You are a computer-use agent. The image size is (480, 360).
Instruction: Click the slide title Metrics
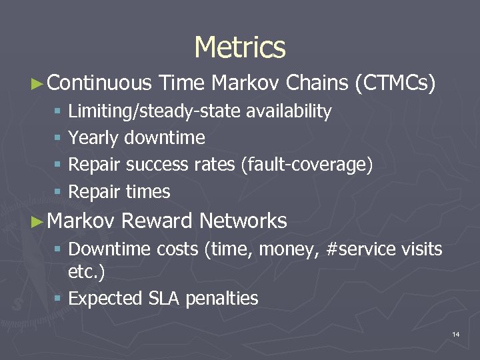[240, 47]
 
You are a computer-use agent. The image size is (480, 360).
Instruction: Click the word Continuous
[100, 83]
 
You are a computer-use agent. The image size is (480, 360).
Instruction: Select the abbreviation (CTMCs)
[396, 83]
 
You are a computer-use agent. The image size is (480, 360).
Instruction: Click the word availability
[289, 112]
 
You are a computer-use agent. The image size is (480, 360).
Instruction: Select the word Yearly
[93, 138]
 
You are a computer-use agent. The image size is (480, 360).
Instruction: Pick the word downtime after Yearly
[165, 138]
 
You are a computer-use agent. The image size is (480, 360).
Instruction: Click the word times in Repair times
[148, 192]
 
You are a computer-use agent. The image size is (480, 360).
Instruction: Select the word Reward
[157, 221]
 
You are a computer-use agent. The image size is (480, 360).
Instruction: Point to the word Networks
[243, 221]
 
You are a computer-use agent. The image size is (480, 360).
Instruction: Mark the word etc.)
[87, 271]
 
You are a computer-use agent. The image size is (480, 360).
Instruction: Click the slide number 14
[455, 333]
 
